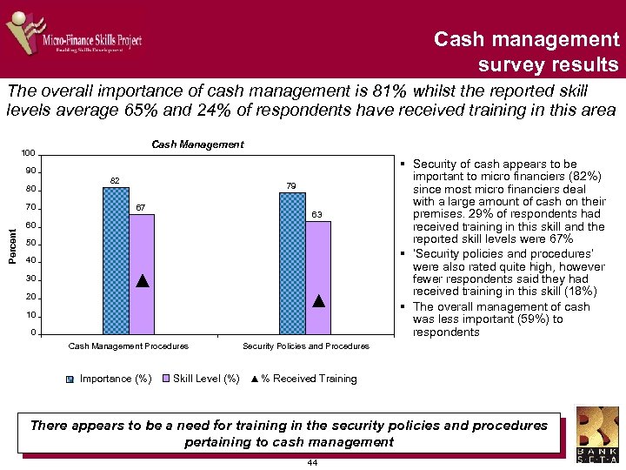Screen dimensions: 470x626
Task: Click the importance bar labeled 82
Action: click(116, 261)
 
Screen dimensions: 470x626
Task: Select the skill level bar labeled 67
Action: click(142, 274)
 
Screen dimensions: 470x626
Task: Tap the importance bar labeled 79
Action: click(292, 264)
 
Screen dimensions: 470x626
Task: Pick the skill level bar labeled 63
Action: click(318, 278)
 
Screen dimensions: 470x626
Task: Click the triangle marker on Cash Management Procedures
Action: click(143, 281)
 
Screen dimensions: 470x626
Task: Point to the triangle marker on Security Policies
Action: click(318, 301)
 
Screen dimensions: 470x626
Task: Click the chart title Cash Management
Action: click(197, 144)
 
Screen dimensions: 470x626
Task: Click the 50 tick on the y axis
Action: click(31, 243)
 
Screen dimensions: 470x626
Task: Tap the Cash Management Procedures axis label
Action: click(128, 346)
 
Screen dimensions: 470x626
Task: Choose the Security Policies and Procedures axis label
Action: click(305, 346)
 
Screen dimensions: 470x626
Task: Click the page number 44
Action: click(312, 462)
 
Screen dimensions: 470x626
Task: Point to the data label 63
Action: click(318, 214)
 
